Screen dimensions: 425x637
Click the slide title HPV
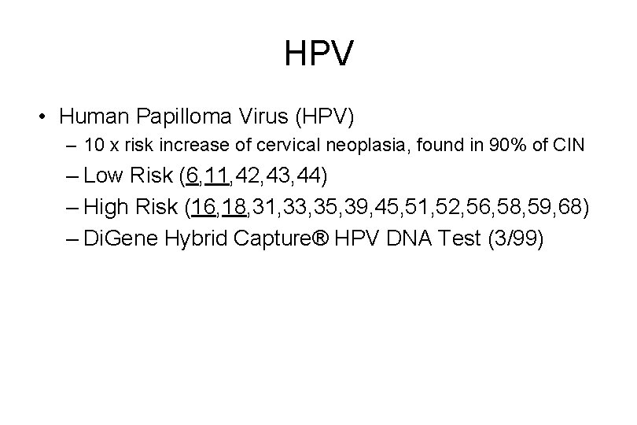[x=318, y=54]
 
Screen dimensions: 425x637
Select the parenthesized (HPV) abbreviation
[x=325, y=117]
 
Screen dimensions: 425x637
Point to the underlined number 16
[x=203, y=208]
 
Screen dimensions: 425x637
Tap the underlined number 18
[x=235, y=208]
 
